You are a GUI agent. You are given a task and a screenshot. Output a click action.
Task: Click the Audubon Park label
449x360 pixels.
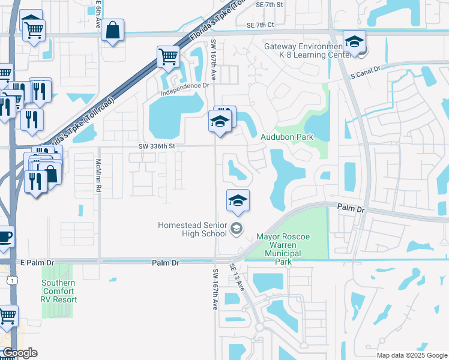(287, 137)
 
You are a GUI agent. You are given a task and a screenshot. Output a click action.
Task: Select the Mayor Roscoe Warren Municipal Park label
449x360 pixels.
(283, 249)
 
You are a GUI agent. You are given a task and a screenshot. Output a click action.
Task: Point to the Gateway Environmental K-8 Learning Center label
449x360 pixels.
(306, 50)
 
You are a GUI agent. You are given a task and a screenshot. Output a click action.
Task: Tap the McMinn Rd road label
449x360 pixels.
(98, 176)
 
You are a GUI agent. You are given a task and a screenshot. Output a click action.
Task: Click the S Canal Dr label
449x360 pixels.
(366, 73)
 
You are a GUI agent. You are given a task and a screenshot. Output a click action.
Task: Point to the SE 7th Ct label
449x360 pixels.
(260, 25)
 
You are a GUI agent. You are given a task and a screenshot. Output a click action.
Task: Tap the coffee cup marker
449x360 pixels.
(5, 236)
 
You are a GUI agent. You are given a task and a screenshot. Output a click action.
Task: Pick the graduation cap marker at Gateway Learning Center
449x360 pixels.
(355, 43)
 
